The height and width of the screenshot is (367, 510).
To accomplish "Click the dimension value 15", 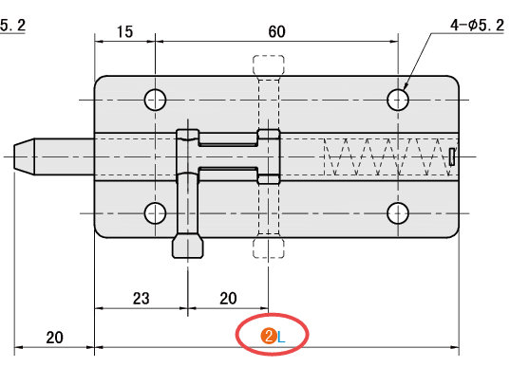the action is click(124, 32).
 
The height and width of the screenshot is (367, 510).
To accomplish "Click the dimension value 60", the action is click(276, 32).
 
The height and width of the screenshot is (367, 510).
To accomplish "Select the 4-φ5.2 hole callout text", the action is click(477, 25).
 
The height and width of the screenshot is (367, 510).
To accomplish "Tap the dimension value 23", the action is click(142, 299).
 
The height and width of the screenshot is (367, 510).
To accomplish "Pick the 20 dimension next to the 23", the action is click(228, 299).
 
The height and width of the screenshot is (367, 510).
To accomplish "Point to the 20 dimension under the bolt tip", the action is click(54, 338).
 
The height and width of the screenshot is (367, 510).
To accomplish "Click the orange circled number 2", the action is click(269, 337).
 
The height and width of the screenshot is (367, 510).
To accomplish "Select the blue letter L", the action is click(281, 338).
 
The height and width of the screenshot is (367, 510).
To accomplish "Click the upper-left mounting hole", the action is click(155, 100).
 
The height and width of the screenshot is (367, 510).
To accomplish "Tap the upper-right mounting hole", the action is click(398, 100).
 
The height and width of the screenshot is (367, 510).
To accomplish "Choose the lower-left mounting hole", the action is click(155, 213).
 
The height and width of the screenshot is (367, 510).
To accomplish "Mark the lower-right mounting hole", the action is click(398, 213).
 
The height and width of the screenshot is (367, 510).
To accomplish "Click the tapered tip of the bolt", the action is click(24, 156).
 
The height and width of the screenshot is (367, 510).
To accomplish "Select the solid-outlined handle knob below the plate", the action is click(188, 246).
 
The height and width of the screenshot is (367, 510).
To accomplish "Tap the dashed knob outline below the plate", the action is click(269, 248).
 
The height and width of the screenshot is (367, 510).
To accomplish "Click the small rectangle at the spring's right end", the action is click(452, 156).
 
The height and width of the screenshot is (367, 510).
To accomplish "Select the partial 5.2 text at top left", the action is click(12, 26).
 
